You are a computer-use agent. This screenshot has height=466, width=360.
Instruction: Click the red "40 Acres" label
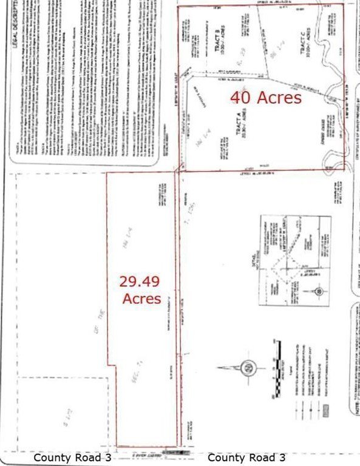[265, 98]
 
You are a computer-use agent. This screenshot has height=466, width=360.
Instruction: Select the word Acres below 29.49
[141, 299]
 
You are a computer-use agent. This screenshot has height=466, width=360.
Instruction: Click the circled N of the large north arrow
[249, 368]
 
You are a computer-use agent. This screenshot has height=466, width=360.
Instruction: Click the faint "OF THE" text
[95, 331]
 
